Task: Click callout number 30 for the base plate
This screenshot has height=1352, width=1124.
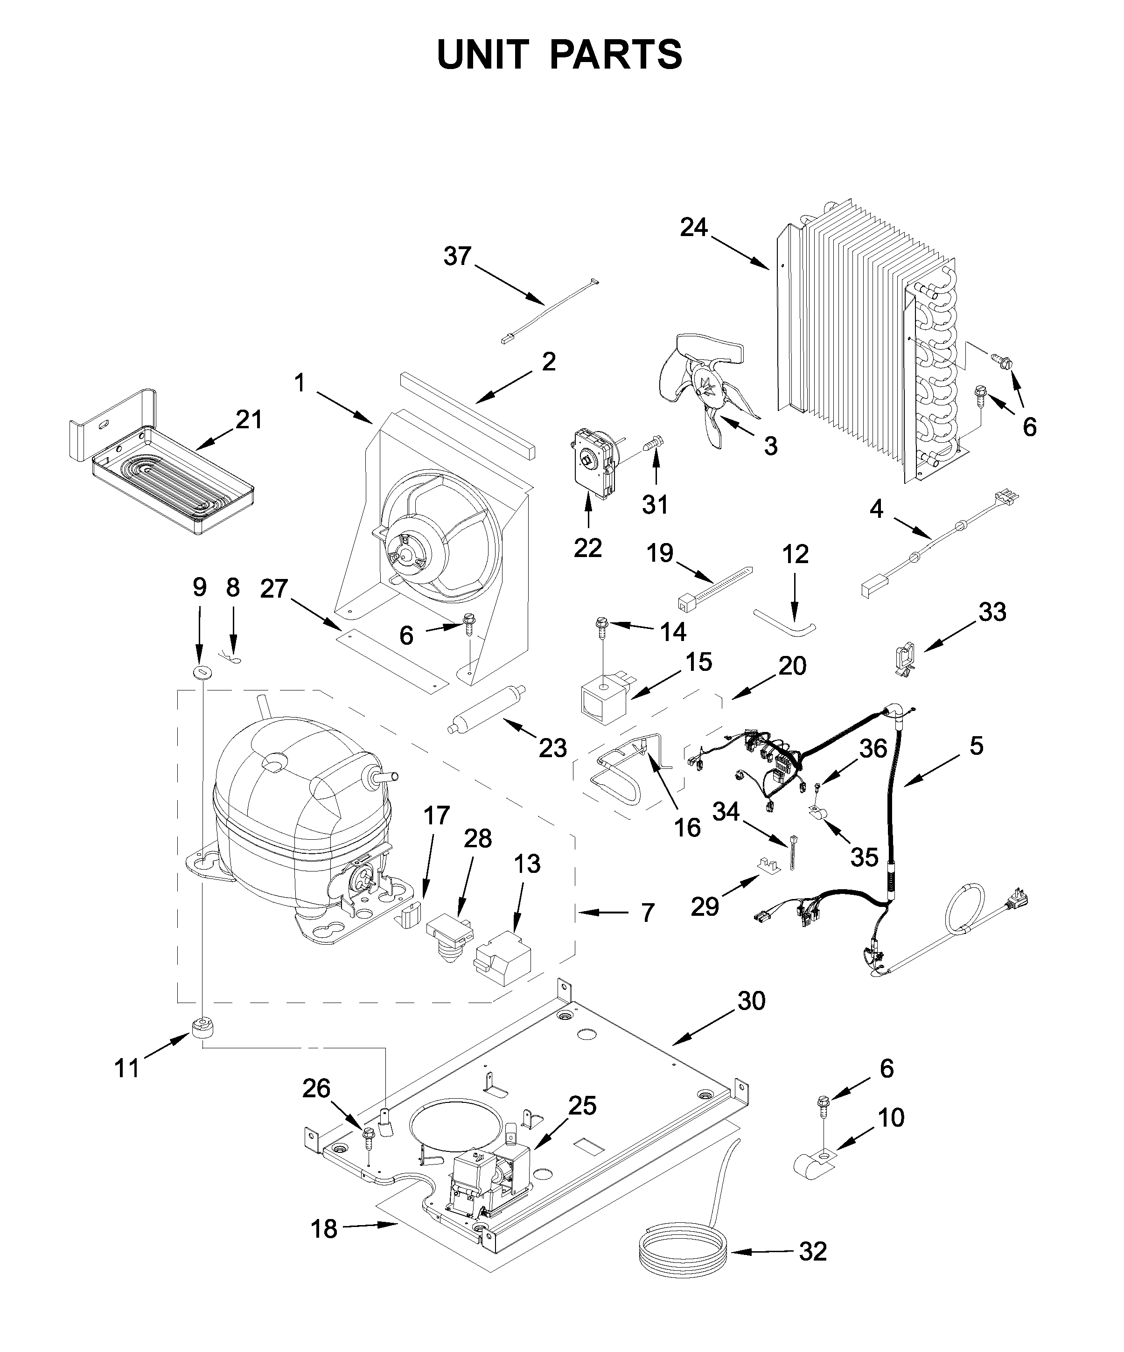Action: click(751, 1001)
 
